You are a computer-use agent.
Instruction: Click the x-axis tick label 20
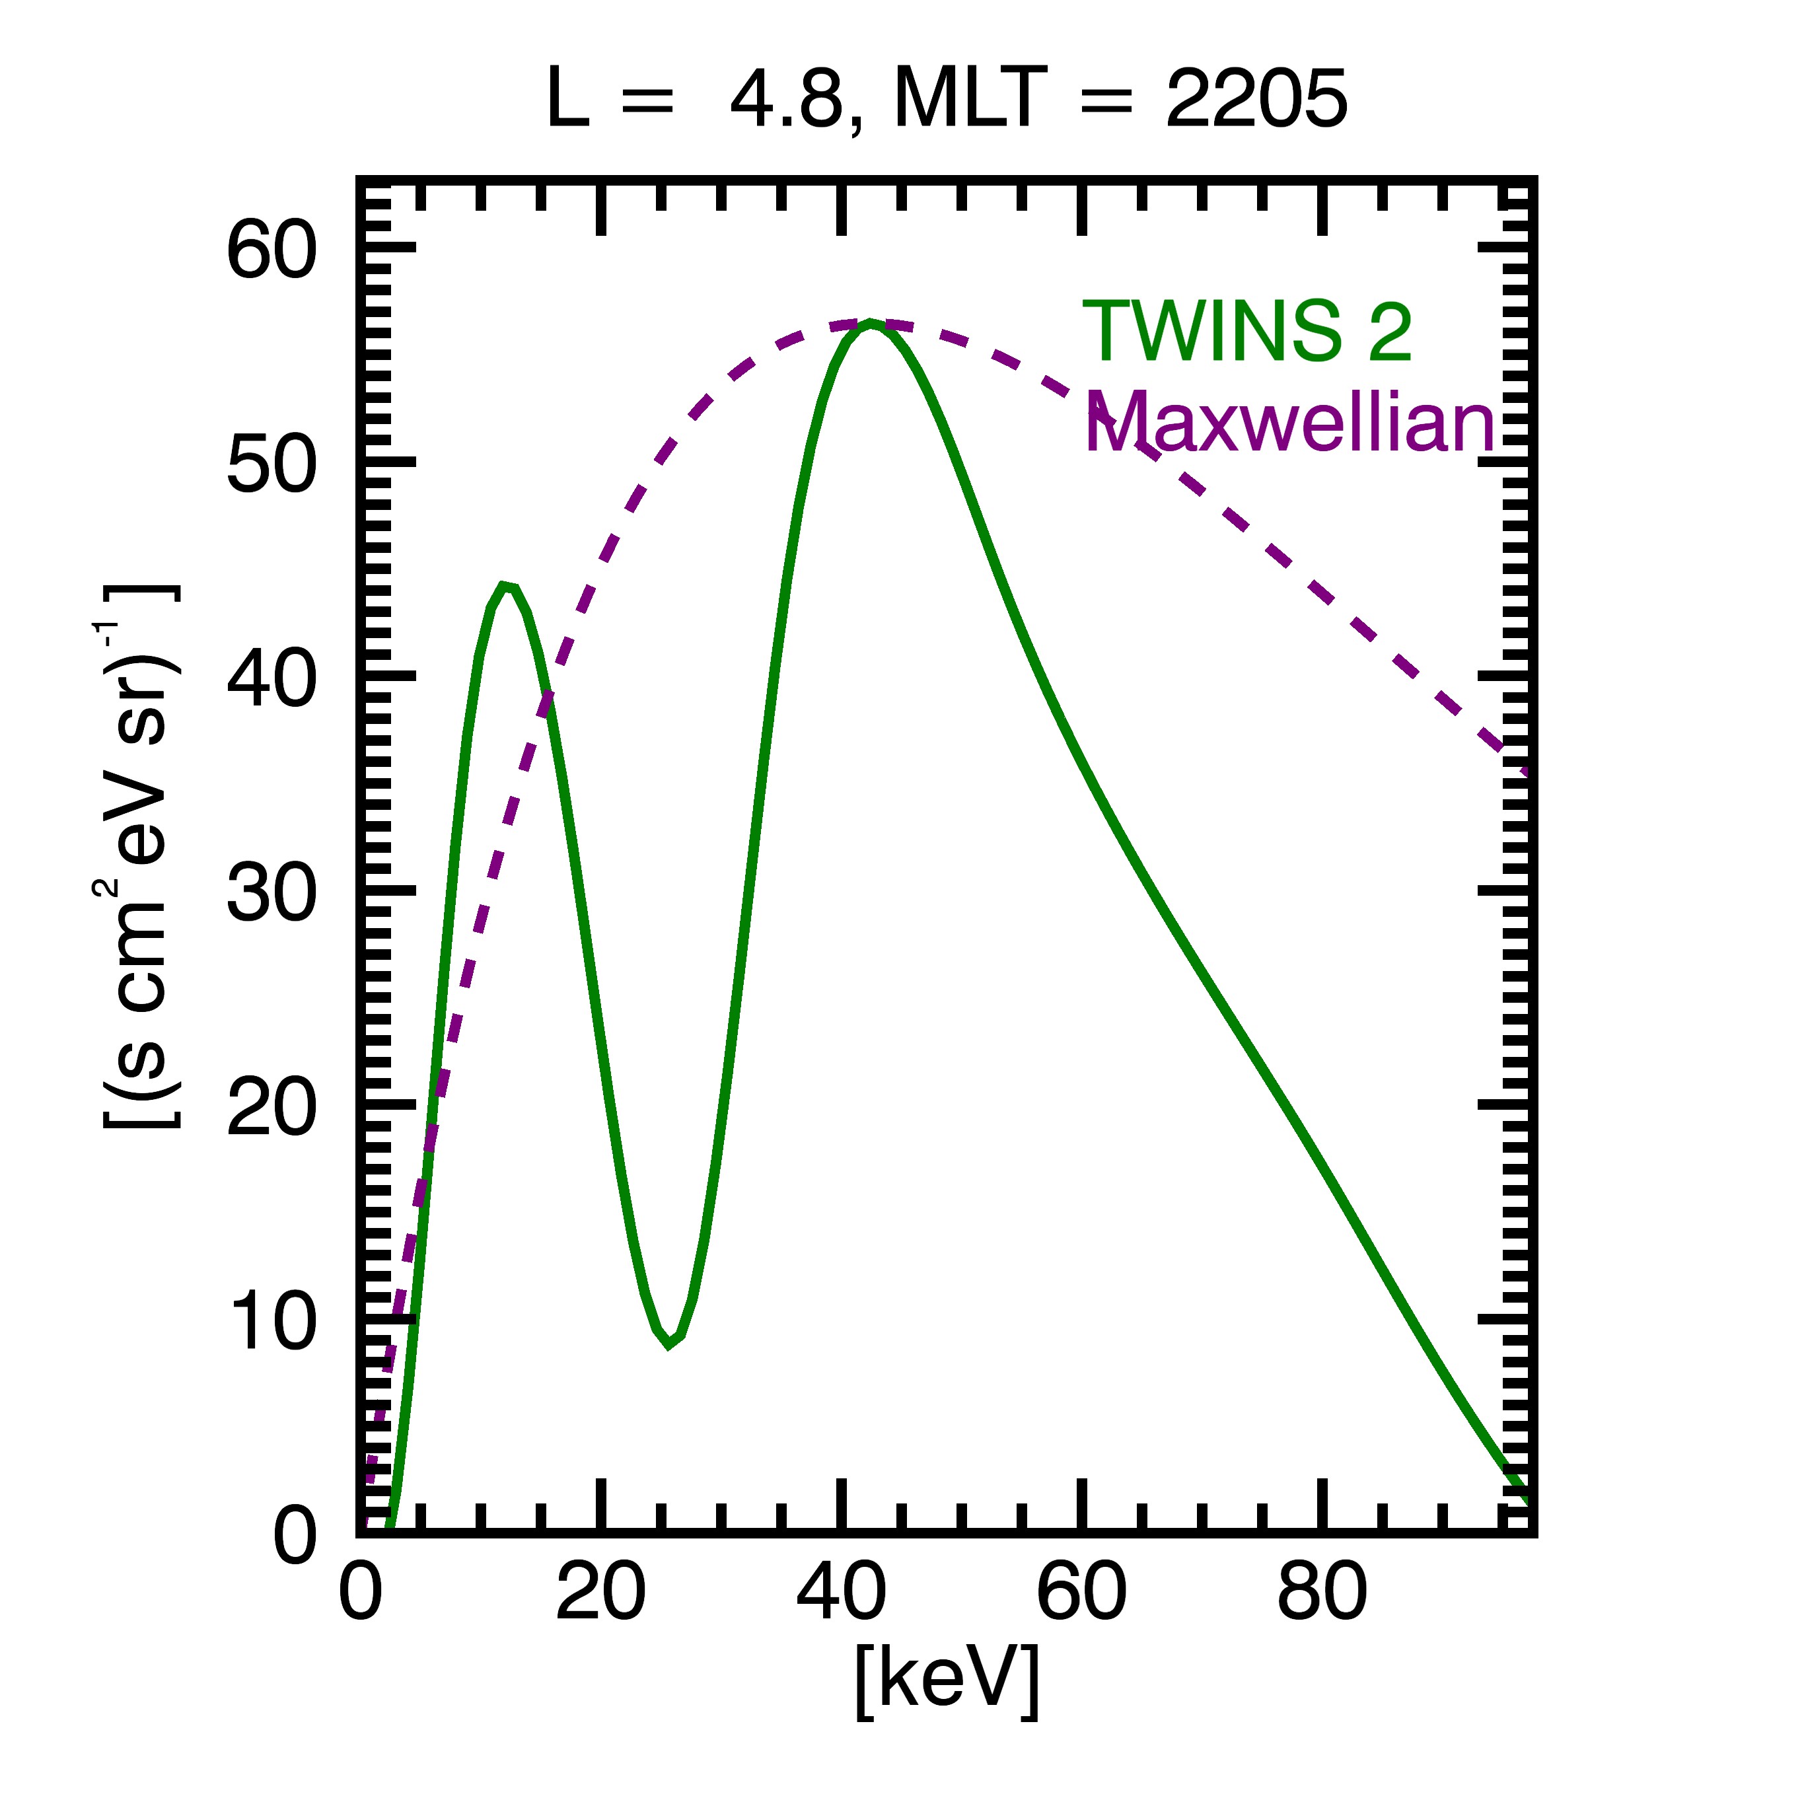(600, 1592)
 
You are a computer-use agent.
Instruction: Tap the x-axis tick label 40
(842, 1592)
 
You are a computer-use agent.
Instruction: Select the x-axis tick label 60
(1081, 1592)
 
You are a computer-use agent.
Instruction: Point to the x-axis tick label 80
(1322, 1592)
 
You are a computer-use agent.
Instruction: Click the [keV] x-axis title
(947, 1680)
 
